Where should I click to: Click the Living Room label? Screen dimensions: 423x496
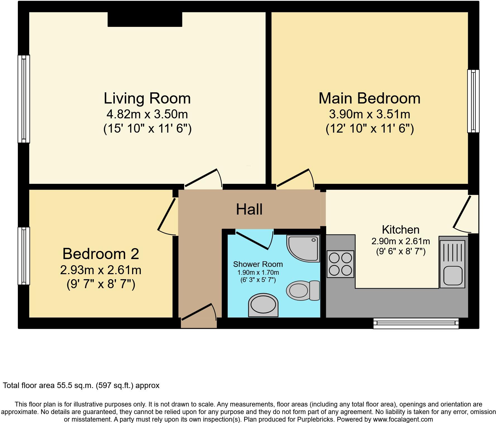(147, 98)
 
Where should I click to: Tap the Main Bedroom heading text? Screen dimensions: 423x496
(369, 98)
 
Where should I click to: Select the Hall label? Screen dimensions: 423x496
(249, 209)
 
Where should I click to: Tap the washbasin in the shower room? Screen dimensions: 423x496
(263, 305)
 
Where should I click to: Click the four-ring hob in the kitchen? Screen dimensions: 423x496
(340, 264)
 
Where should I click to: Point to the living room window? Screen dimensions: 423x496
(24, 99)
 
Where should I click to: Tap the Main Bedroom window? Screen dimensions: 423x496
(473, 101)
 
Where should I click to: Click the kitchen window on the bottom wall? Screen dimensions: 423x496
(416, 323)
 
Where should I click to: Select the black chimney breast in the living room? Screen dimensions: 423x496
(145, 19)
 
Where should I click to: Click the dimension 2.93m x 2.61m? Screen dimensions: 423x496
(101, 270)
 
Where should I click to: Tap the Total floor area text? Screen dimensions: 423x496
(81, 386)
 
